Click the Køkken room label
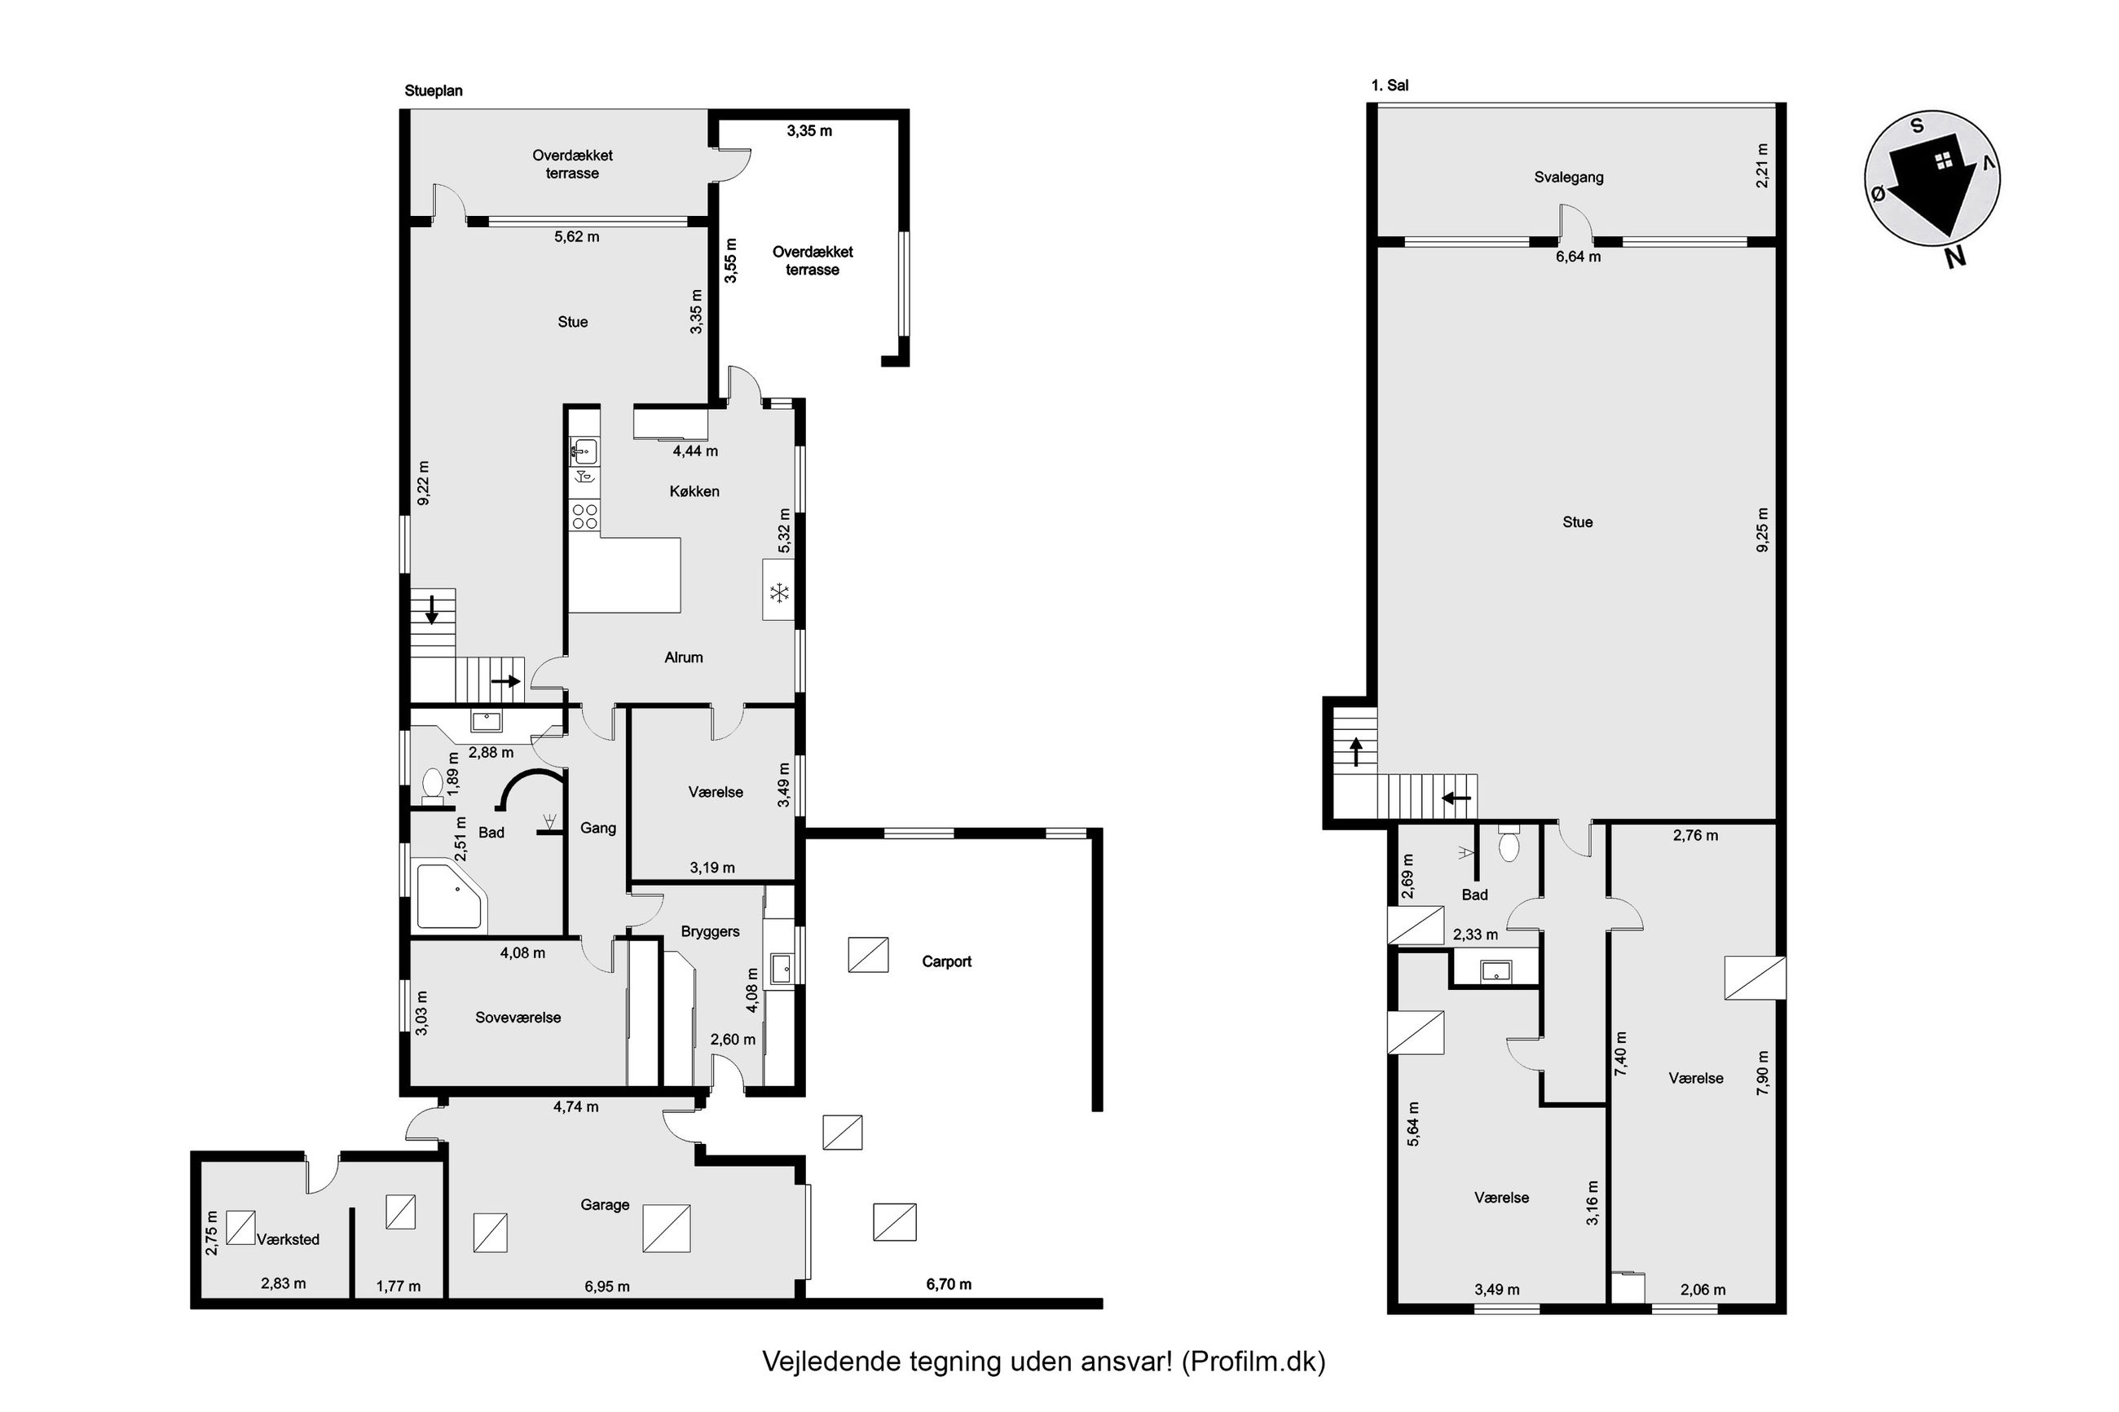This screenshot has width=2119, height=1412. [694, 491]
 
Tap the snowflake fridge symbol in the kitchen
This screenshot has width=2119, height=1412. [779, 592]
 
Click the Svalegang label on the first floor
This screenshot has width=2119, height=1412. [1569, 178]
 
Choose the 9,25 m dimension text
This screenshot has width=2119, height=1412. [1762, 530]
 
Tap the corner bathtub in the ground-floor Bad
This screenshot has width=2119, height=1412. [449, 898]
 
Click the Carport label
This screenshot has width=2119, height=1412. [946, 961]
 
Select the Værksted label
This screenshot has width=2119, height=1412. [289, 1240]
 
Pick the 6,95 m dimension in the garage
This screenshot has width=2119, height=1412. [607, 1287]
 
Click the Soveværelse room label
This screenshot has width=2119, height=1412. [518, 1018]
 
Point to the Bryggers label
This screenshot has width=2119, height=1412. [711, 932]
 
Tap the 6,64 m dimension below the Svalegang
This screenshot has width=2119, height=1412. [1579, 257]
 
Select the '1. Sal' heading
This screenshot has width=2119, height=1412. [1390, 86]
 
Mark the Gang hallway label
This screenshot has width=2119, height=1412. [598, 829]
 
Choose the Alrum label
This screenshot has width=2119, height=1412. [684, 658]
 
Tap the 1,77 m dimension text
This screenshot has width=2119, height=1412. [398, 1287]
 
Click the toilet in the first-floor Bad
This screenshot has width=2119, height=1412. [1509, 844]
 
